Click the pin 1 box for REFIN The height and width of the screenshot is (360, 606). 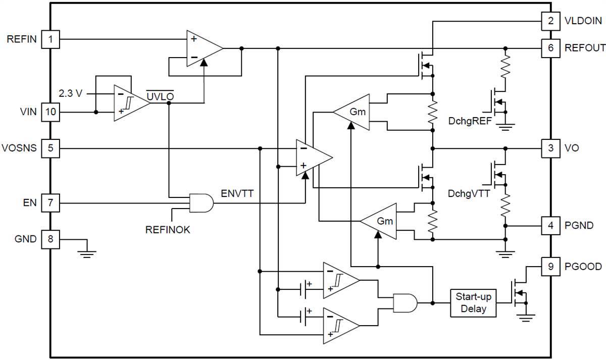50,39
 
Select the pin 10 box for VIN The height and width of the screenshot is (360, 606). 50,112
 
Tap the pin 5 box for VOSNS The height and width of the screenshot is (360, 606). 50,148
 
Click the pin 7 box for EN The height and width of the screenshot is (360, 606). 50,203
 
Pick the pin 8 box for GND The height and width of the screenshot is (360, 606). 50,239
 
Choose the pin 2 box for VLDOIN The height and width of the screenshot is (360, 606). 550,21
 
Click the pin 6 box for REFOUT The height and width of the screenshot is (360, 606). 550,48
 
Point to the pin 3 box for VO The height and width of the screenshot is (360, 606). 550,148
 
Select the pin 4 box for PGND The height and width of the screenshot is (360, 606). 550,225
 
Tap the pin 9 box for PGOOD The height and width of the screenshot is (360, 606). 550,266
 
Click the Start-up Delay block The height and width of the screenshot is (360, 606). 473,302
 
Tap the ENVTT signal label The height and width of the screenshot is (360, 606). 238,193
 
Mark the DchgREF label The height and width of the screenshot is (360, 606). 470,122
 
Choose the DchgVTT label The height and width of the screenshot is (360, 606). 469,193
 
